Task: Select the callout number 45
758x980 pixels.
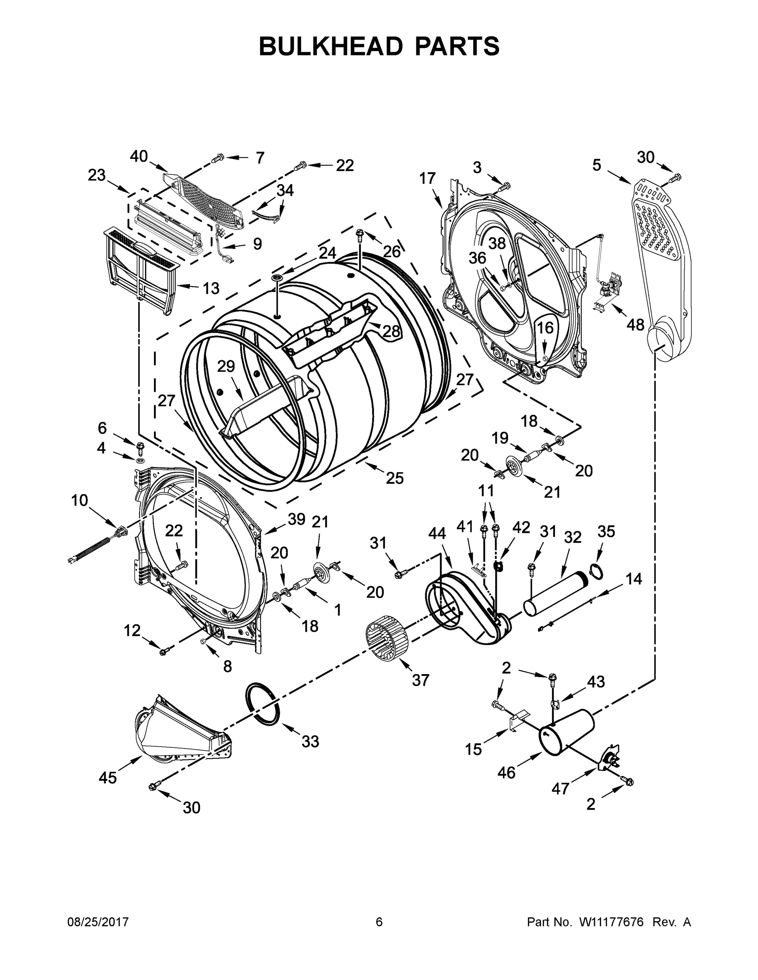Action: pyautogui.click(x=108, y=777)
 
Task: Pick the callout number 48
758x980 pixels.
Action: pyautogui.click(x=635, y=325)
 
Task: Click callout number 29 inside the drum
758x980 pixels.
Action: pyautogui.click(x=226, y=367)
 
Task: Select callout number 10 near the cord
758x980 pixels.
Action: pyautogui.click(x=80, y=500)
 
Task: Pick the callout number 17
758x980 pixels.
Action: pyautogui.click(x=427, y=178)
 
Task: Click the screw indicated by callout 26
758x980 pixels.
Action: pyautogui.click(x=360, y=233)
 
